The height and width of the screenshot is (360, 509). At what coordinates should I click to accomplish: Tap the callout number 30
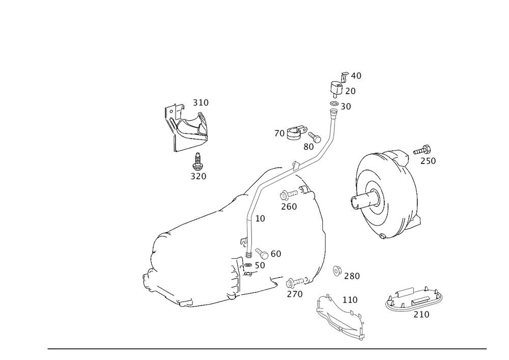click(346, 106)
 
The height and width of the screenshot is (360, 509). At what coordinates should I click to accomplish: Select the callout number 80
click(308, 146)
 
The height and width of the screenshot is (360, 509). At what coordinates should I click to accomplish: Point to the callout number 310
click(201, 103)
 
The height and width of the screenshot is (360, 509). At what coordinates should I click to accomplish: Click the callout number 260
click(289, 206)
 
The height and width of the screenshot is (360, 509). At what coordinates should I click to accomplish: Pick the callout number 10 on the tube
click(260, 218)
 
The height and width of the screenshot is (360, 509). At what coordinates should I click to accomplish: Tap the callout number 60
click(275, 254)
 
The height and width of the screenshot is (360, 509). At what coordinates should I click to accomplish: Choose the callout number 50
click(259, 265)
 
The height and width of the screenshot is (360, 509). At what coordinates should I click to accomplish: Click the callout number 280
click(352, 276)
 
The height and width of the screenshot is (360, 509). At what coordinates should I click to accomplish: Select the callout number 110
click(350, 300)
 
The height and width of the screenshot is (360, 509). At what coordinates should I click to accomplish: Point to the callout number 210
click(421, 315)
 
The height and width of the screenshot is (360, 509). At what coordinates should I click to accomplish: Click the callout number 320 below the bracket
click(199, 176)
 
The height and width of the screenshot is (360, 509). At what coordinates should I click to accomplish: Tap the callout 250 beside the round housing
click(428, 161)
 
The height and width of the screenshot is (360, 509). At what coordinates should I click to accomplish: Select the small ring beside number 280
click(336, 270)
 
